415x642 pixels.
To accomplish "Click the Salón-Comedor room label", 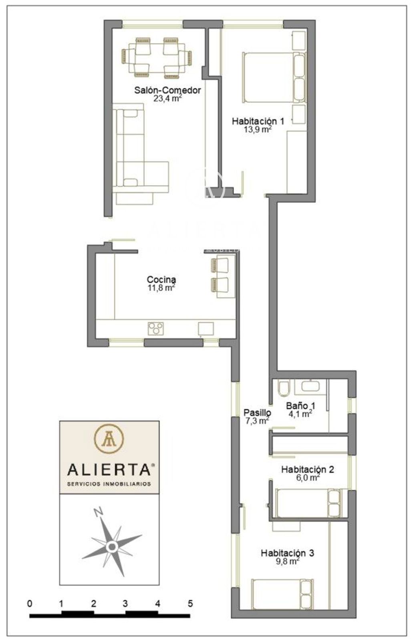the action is (x=167, y=90).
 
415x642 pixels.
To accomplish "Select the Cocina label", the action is (x=161, y=279).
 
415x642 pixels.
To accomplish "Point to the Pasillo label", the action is (x=257, y=412).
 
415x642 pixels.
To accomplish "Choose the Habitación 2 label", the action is (x=308, y=469).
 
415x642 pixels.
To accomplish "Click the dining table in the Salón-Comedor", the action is (x=157, y=58).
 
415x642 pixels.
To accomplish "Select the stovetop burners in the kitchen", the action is (x=156, y=329).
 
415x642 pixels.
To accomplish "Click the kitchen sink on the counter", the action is (x=206, y=329).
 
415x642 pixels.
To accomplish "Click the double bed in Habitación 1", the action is (x=274, y=77).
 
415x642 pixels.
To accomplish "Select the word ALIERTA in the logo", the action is (x=109, y=469).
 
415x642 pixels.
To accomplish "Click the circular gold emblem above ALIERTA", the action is (x=109, y=439).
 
